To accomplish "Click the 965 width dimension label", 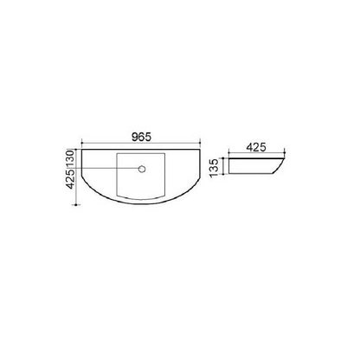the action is pos(141,137).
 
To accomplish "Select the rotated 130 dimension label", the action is pos(70,158).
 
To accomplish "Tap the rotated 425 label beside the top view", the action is pos(70,179).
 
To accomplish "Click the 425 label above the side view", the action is pos(256,147).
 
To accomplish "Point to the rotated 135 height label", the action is pos(214,168).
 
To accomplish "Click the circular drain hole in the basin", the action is pos(142,169).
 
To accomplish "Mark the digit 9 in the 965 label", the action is pos(135,137).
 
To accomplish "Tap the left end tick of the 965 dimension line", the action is pos(82,142).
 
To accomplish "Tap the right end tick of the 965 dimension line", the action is pos(200,142).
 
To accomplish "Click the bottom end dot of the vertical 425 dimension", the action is pos(76,205).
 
